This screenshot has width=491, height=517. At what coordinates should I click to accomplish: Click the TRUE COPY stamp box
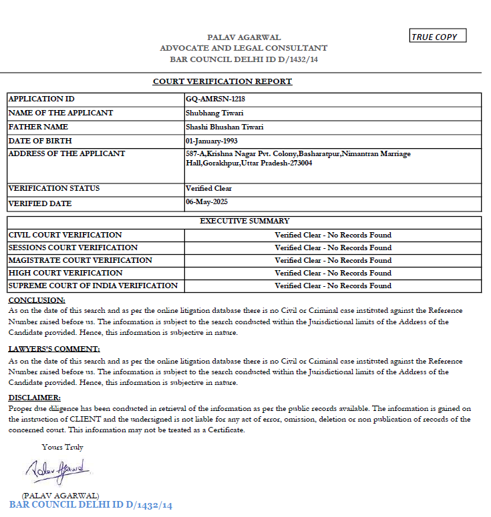(x=438, y=37)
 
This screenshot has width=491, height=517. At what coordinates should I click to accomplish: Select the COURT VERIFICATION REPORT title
(x=222, y=81)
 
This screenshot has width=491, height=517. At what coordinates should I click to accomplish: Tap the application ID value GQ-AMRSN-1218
(x=211, y=99)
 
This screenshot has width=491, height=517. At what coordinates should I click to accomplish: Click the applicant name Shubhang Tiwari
(x=210, y=113)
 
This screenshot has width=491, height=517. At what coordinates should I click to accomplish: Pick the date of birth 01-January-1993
(x=212, y=141)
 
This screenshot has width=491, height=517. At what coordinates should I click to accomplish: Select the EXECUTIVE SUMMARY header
(x=244, y=221)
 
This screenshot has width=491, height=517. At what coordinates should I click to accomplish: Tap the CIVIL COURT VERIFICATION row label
(x=65, y=235)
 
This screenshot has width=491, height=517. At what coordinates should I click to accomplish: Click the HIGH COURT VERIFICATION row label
(x=65, y=273)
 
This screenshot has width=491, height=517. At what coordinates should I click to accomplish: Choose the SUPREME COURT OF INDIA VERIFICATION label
(x=93, y=286)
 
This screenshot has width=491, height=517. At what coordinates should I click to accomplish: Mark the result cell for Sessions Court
(x=333, y=247)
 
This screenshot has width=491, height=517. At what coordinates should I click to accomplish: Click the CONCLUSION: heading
(x=37, y=300)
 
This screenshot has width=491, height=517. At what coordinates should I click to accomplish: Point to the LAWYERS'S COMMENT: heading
(x=54, y=349)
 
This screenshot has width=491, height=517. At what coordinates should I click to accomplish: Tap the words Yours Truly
(x=62, y=447)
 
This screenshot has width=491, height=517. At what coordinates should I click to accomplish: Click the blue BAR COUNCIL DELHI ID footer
(x=91, y=506)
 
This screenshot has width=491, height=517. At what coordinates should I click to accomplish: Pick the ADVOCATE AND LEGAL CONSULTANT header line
(x=244, y=48)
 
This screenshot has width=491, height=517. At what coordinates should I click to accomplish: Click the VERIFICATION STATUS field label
(x=54, y=188)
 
